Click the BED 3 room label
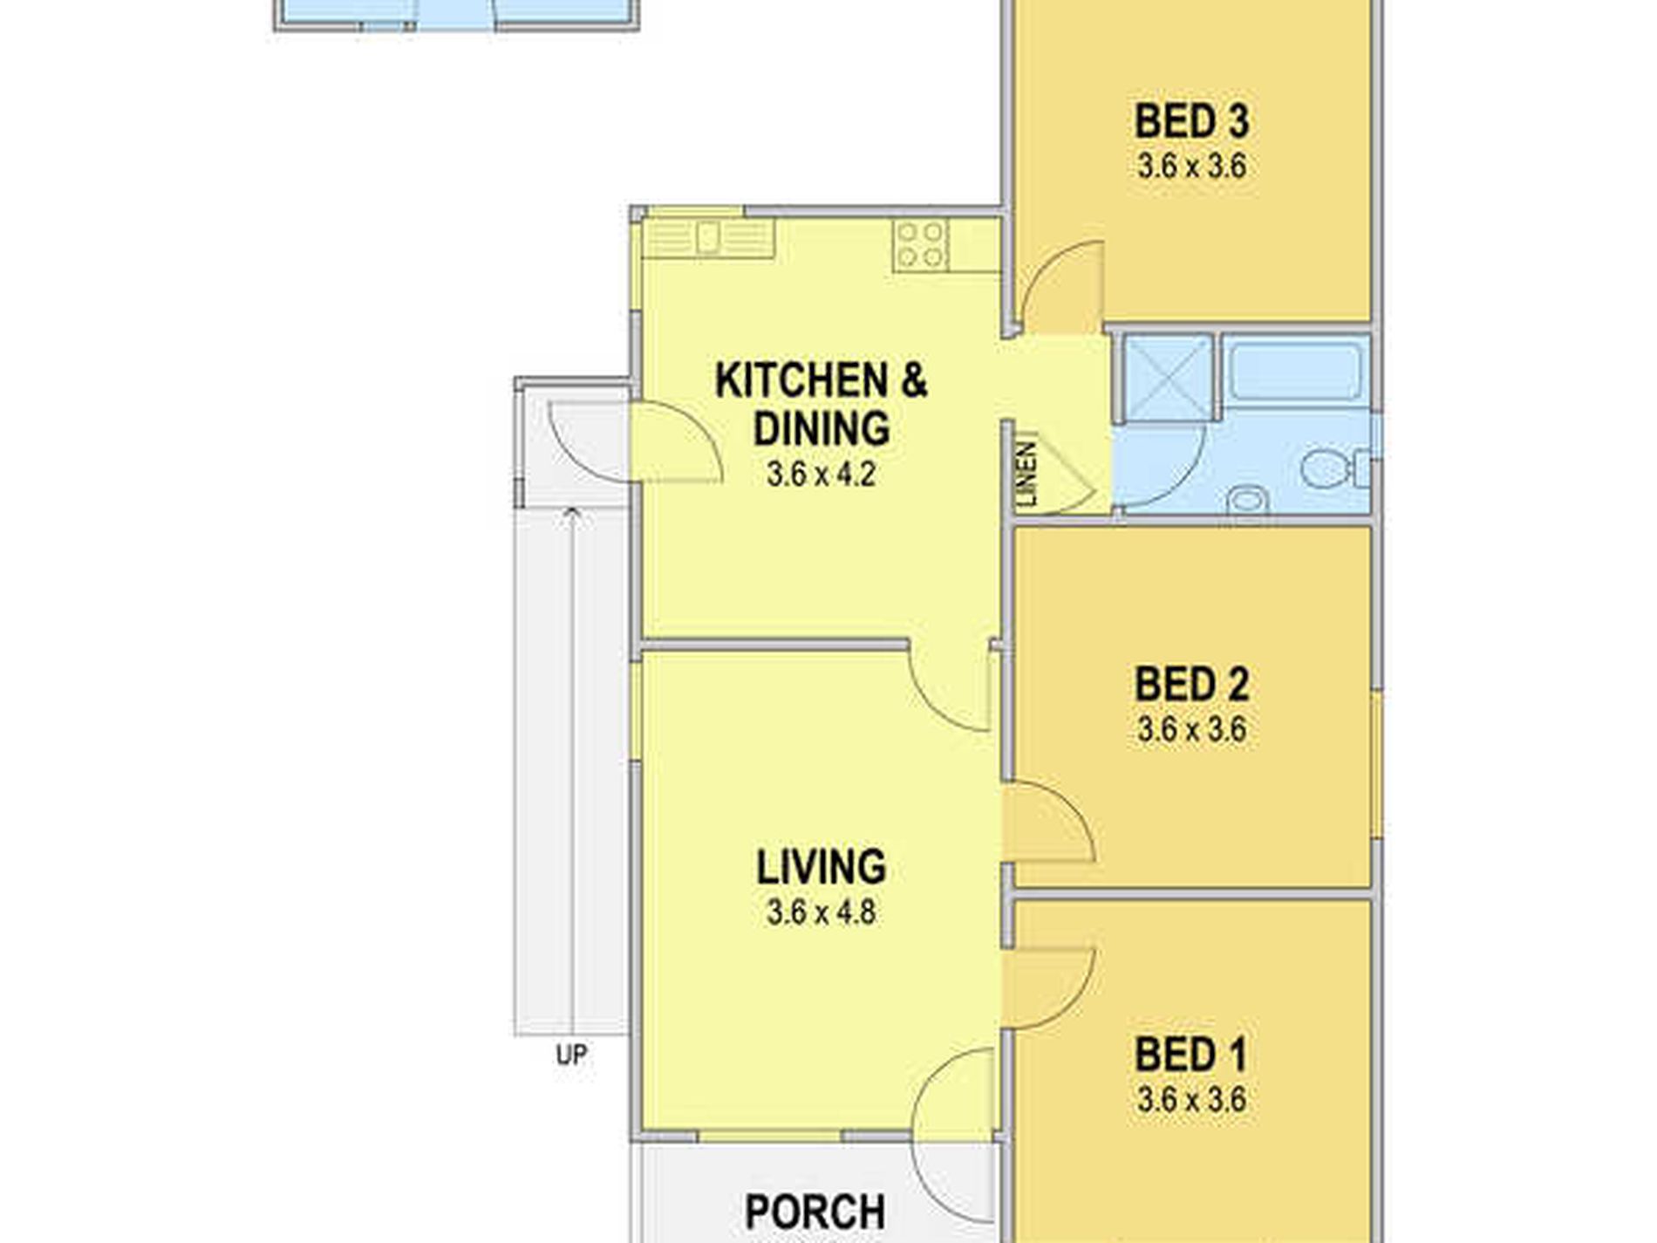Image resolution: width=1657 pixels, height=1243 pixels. [1191, 121]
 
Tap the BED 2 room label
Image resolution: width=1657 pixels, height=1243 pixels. [1191, 684]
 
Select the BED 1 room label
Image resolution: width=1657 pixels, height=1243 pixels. [1191, 1055]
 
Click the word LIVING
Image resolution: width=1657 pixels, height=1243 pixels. [821, 867]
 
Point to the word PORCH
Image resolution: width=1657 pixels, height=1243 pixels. [815, 1212]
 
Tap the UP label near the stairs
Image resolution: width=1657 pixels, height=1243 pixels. [571, 1055]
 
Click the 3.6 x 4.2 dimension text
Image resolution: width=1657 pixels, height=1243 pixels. [821, 475]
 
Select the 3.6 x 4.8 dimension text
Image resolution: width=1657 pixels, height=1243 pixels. [821, 913]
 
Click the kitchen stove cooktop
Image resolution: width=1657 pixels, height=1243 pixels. [921, 244]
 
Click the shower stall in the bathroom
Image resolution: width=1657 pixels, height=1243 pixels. [1168, 377]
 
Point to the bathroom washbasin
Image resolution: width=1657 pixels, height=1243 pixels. [1247, 501]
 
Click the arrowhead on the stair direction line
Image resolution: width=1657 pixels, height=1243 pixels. [572, 513]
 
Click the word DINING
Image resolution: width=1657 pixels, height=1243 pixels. [821, 428]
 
